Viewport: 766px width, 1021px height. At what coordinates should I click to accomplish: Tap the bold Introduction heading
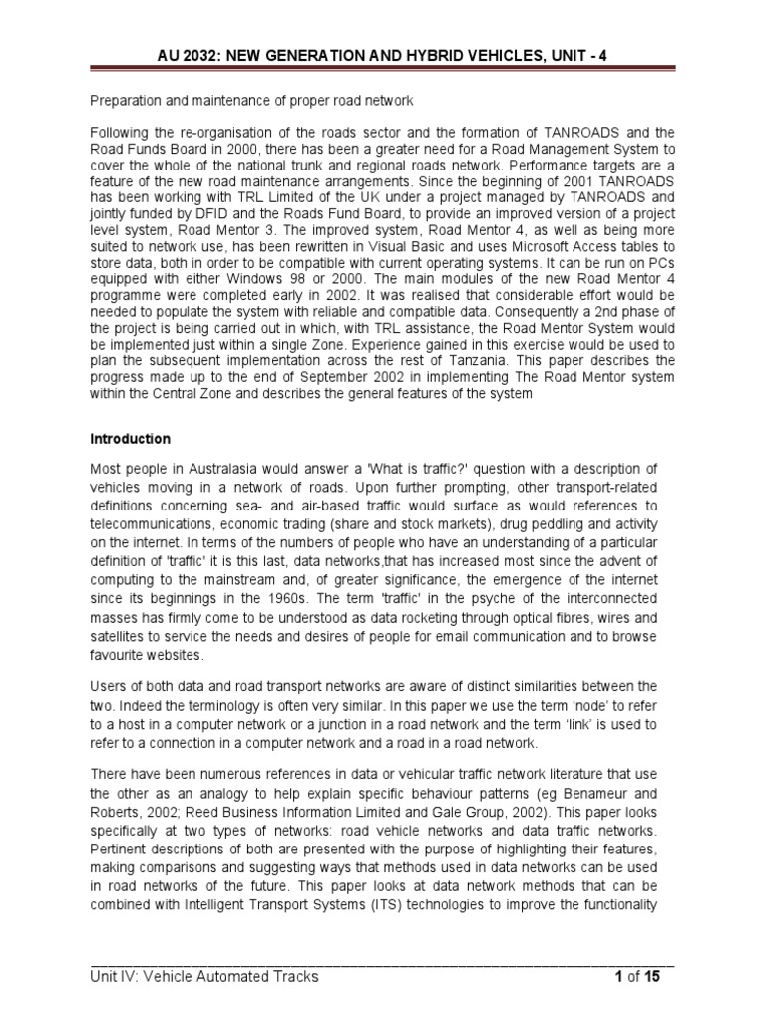pos(130,439)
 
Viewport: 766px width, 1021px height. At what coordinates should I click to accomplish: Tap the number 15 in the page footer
pos(652,977)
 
